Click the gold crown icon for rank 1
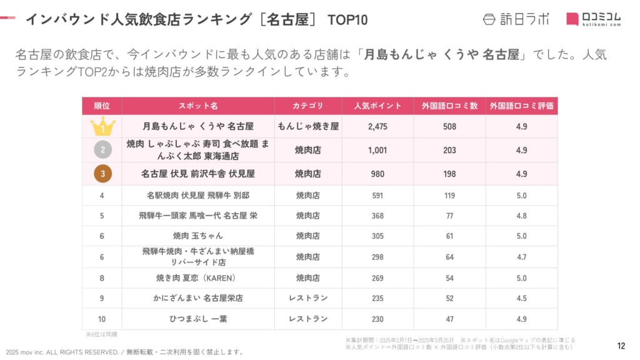click(102, 127)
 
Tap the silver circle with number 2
click(102, 150)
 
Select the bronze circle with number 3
click(102, 174)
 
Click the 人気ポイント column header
click(377, 106)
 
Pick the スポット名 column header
click(198, 106)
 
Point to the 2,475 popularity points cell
click(377, 127)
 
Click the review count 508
click(449, 127)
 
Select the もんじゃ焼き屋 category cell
click(308, 127)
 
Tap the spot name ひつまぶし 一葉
click(198, 319)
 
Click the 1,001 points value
click(377, 150)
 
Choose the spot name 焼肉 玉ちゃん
click(198, 236)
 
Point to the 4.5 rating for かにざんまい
click(521, 299)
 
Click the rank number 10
click(102, 319)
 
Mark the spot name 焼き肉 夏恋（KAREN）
click(198, 278)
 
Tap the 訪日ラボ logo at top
click(516, 19)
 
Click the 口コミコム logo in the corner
click(594, 19)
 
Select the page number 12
click(621, 346)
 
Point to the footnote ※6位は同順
click(102, 334)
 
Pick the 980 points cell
click(377, 174)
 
